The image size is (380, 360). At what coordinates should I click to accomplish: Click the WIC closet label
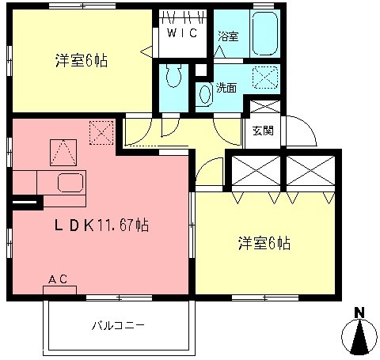[180, 33]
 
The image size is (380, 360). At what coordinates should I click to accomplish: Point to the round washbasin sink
[204, 94]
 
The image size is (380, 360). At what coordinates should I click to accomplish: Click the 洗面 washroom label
[226, 88]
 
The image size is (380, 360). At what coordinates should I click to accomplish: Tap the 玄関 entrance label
[264, 131]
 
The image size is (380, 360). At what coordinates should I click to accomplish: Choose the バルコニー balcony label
[116, 325]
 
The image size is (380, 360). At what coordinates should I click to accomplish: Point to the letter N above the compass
[359, 312]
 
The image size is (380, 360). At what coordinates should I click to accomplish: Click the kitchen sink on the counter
[70, 184]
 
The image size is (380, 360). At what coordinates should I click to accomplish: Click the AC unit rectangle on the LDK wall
[59, 290]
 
